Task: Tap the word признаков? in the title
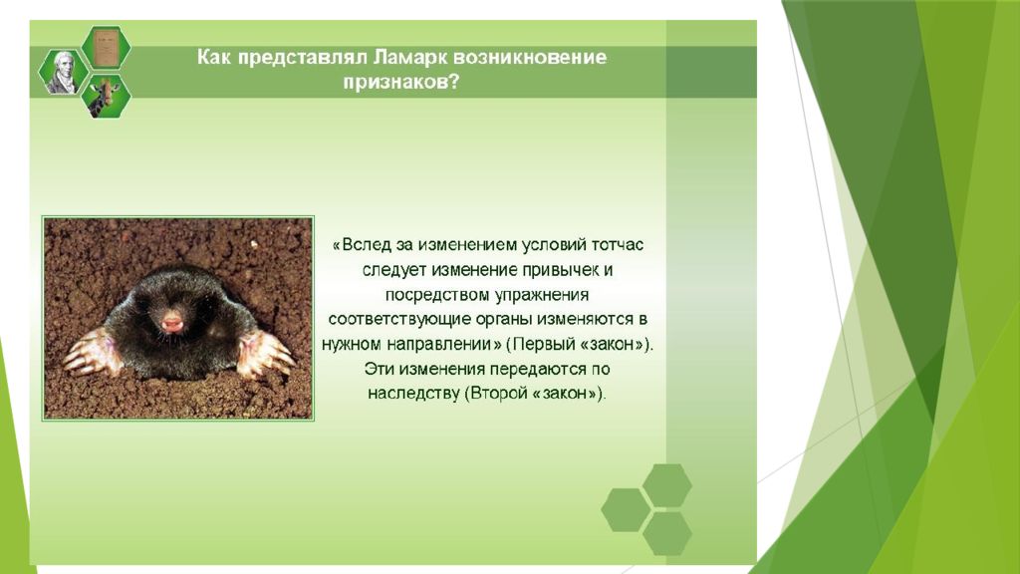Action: click(400, 83)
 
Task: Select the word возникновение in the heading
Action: click(530, 57)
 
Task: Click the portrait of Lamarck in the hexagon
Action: click(63, 72)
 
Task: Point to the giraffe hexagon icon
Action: click(106, 97)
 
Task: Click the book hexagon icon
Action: click(106, 47)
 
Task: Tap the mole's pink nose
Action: click(171, 322)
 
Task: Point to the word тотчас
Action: click(618, 245)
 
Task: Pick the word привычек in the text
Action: click(560, 270)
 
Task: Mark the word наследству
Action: click(413, 394)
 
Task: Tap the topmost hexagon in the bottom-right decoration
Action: click(667, 485)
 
